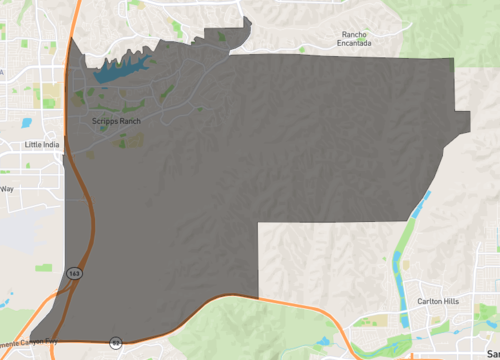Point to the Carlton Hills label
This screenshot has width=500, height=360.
tap(439, 301)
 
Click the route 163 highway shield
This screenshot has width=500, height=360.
tap(74, 272)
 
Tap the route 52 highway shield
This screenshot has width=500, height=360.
tap(116, 342)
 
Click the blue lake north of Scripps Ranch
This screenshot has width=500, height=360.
tap(120, 69)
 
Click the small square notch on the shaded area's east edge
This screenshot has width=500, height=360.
tap(462, 121)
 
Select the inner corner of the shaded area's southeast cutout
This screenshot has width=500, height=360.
tap(259, 223)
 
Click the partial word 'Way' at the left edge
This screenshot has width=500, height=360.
tap(7, 188)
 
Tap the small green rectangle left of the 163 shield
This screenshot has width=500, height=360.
tap(43, 269)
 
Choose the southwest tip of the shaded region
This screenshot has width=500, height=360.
tap(32, 340)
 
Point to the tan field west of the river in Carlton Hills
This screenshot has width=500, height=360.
tap(379, 322)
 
